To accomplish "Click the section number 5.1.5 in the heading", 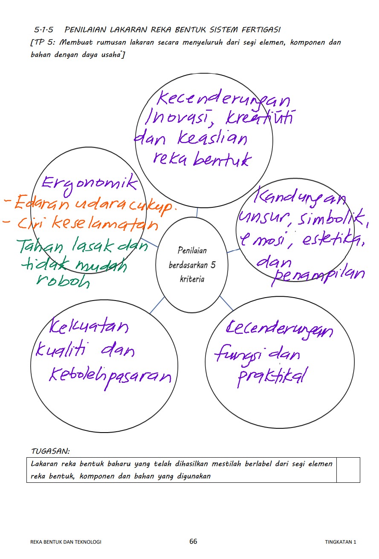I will point(44,30).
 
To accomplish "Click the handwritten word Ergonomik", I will point(89,184).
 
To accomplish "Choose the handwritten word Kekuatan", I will point(88,327).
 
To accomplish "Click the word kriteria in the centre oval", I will point(192,279).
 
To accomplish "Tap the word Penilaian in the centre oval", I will point(192,250).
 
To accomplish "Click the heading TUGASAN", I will point(50,451).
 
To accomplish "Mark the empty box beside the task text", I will point(348,470).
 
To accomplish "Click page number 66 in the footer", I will point(193,542).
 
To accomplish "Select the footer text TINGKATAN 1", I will point(340,542).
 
